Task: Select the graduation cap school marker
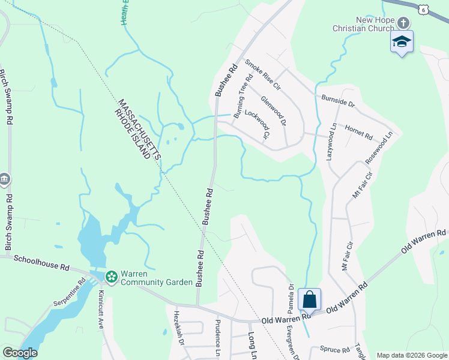[x=402, y=41]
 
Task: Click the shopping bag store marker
[x=309, y=299]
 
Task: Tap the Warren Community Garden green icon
[x=111, y=277]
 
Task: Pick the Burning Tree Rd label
[x=241, y=96]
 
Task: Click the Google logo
[x=20, y=353]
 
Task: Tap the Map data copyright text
[x=411, y=355]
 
